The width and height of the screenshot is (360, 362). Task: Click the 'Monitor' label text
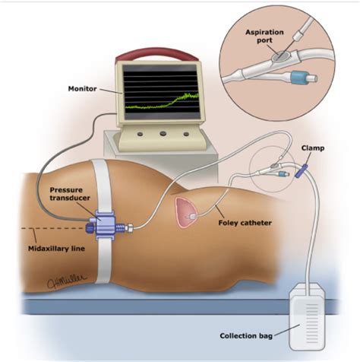[82, 89]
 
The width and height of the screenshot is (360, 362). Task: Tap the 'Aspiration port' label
[264, 37]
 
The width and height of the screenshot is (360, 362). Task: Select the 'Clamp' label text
[313, 148]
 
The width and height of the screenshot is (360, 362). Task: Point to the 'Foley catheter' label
[245, 223]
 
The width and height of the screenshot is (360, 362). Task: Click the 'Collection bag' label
[246, 336]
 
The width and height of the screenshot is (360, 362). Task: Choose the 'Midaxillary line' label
[56, 249]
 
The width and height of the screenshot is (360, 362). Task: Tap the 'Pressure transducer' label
[70, 194]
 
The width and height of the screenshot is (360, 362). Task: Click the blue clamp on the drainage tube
[302, 170]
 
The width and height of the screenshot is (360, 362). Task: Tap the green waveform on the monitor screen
[162, 102]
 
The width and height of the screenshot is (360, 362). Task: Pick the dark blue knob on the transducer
[90, 228]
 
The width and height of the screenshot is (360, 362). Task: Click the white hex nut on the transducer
[130, 227]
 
